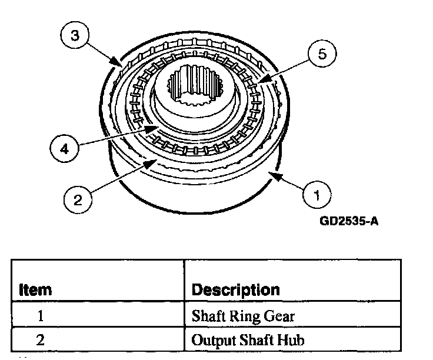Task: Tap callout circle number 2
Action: click(78, 199)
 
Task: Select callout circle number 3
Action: click(74, 35)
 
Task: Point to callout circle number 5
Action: click(321, 55)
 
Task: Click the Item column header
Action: click(36, 289)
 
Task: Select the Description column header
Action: click(236, 289)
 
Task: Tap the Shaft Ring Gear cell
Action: click(243, 316)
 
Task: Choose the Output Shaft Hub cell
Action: click(247, 340)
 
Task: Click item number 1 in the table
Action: click(41, 316)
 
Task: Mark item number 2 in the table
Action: click(41, 340)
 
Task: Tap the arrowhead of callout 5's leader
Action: click(260, 81)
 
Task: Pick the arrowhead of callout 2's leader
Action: click(154, 159)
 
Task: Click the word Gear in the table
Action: click(278, 316)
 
